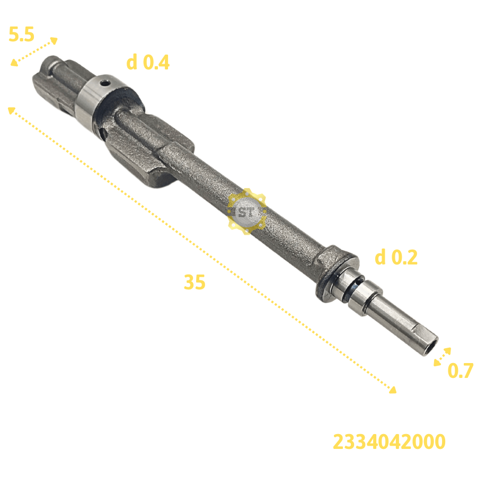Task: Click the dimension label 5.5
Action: click(x=21, y=34)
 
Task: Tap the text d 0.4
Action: click(x=148, y=62)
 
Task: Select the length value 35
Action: click(x=195, y=282)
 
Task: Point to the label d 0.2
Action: click(x=396, y=257)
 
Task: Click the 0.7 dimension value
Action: click(x=461, y=370)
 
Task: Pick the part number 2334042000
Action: click(x=389, y=441)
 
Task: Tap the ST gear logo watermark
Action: click(x=246, y=211)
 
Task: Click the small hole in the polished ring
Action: click(x=105, y=83)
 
